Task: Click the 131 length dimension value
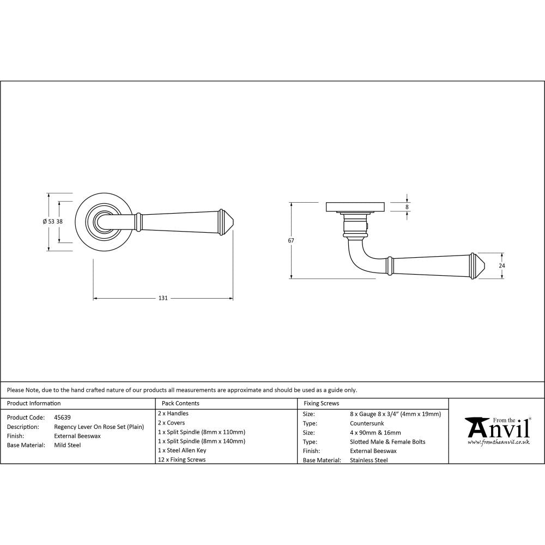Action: (162, 299)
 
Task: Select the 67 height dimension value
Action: (292, 240)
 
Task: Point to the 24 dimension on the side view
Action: (502, 265)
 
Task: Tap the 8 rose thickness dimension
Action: (407, 207)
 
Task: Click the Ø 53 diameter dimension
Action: (49, 221)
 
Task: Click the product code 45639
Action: (62, 417)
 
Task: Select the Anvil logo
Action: (496, 428)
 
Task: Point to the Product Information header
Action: (34, 404)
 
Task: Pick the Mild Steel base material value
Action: (68, 445)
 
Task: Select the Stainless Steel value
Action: (369, 461)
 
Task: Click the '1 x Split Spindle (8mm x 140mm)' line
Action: (201, 441)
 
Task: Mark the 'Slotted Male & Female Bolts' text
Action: (387, 442)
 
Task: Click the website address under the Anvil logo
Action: (499, 443)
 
